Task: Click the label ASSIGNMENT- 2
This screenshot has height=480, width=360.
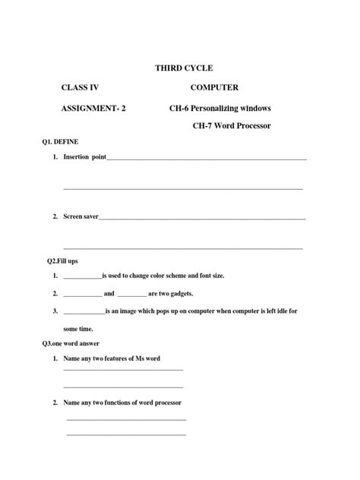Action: [x=93, y=109]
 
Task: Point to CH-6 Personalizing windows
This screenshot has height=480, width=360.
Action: [x=220, y=109]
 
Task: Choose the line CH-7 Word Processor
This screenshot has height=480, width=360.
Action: [x=232, y=125]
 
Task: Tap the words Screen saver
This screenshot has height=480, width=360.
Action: [x=81, y=216]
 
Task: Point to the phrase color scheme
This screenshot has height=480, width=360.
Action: [x=172, y=275]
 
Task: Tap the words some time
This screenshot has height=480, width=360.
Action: [x=78, y=329]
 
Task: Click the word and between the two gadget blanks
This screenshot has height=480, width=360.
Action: [x=109, y=293]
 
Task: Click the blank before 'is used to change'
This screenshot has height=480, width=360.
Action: [x=82, y=276]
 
